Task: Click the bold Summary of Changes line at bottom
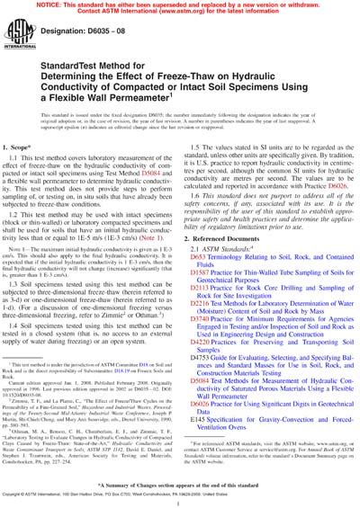click(x=180, y=483)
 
